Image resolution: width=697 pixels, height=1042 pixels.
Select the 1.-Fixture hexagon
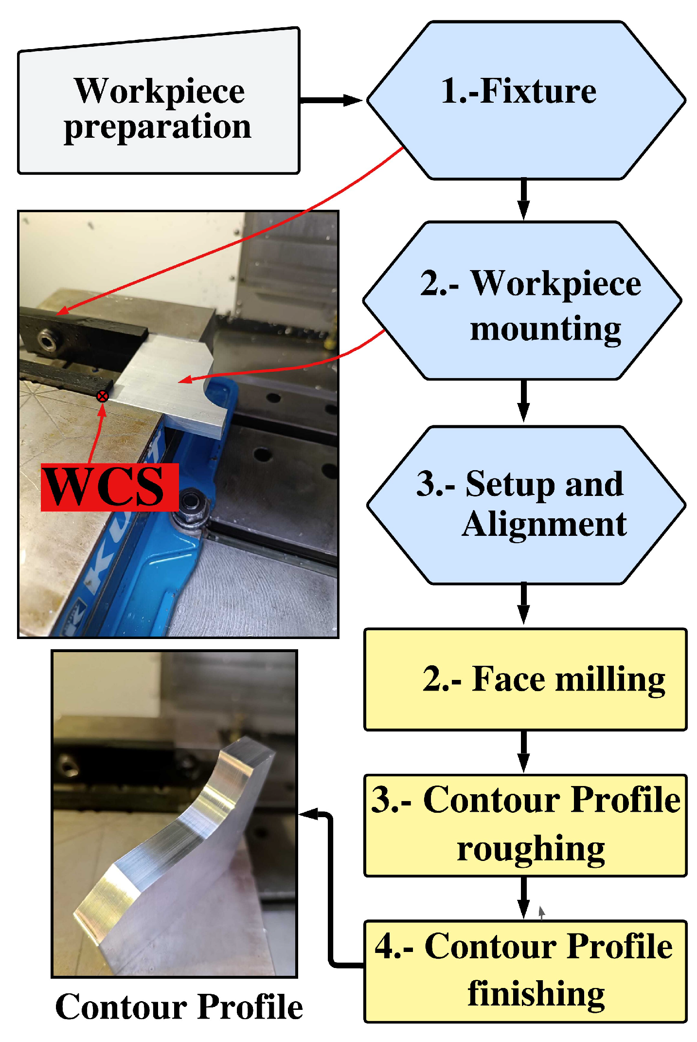pyautogui.click(x=525, y=100)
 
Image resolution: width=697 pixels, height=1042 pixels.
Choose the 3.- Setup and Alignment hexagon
pyautogui.click(x=525, y=505)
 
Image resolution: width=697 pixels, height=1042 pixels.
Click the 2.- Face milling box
pyautogui.click(x=525, y=679)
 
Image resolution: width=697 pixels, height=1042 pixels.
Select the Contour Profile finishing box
pyautogui.click(x=525, y=971)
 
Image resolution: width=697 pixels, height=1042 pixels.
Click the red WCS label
pyautogui.click(x=109, y=487)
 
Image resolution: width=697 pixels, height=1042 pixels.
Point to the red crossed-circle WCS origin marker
pyautogui.click(x=102, y=396)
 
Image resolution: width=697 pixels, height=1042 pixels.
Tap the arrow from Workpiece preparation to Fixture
pyautogui.click(x=331, y=100)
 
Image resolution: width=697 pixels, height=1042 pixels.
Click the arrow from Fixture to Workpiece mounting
pyautogui.click(x=523, y=200)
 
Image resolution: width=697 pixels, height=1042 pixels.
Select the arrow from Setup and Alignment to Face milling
pyautogui.click(x=523, y=603)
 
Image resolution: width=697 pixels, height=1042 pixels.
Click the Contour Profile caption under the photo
pyautogui.click(x=179, y=1006)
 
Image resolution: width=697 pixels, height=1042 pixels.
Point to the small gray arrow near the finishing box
pyautogui.click(x=541, y=913)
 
